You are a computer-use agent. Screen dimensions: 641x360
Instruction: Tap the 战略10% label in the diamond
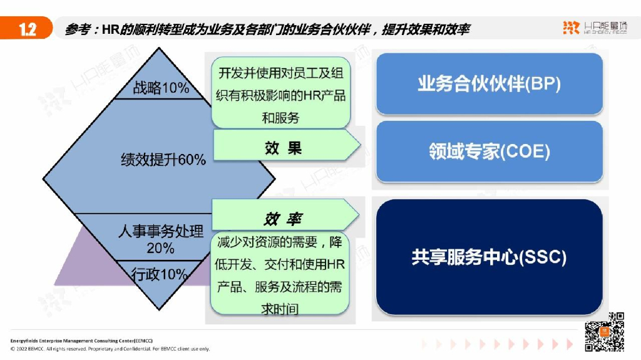[x=161, y=88]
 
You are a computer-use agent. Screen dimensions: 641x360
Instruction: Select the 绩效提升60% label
[x=163, y=160]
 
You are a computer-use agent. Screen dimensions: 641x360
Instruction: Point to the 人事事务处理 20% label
[x=161, y=240]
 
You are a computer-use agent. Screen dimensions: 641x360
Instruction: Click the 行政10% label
[x=160, y=274]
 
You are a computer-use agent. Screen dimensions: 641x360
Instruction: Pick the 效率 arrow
[x=285, y=219]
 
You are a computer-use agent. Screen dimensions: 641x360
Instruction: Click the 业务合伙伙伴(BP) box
[x=489, y=84]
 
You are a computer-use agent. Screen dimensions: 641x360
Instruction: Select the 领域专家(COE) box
[x=489, y=152]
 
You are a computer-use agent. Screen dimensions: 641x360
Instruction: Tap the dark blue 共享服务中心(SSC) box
[x=489, y=257]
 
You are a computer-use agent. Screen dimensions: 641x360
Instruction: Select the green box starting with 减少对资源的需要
[x=280, y=275]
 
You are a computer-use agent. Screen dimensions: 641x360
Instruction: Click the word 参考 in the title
[x=77, y=29]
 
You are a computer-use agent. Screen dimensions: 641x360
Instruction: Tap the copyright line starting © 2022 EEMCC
[x=110, y=349]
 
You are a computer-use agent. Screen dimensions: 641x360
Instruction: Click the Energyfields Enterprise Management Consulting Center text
[x=81, y=341]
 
